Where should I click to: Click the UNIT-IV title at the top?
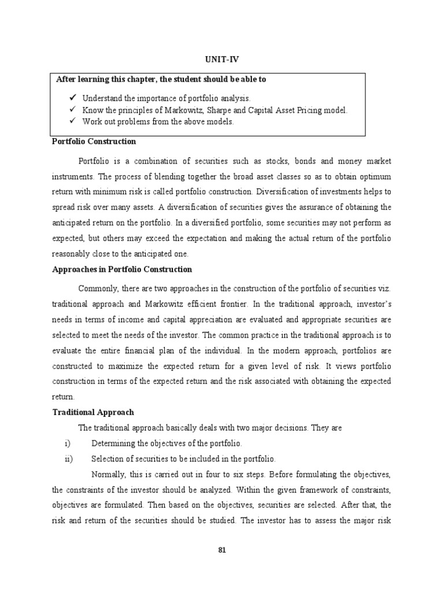tap(221, 60)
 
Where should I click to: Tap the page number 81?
tap(221, 550)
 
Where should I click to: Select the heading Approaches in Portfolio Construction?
tap(122, 269)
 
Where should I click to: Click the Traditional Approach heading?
tap(93, 412)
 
